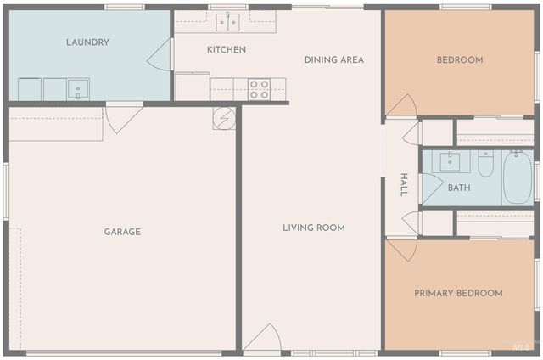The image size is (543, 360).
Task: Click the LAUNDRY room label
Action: [x=88, y=42]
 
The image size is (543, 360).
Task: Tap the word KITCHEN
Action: [x=227, y=49]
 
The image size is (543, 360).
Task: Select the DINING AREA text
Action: [x=334, y=59]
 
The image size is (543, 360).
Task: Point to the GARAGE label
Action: [x=122, y=232]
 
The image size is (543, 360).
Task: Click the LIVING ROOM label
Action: [x=314, y=228]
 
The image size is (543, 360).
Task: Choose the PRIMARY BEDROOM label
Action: [x=458, y=293]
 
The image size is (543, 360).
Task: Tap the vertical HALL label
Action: [x=404, y=185]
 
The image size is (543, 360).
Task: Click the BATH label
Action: [x=459, y=188]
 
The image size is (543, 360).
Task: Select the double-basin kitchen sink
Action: [x=227, y=21]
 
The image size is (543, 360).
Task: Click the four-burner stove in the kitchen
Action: [x=259, y=89]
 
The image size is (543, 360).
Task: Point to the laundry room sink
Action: [x=78, y=88]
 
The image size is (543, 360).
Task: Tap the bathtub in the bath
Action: [x=517, y=178]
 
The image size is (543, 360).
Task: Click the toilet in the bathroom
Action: [x=485, y=163]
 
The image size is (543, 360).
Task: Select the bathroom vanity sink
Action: [x=451, y=161]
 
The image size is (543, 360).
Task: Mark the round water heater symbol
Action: [x=224, y=118]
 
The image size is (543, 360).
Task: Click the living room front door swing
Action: [x=262, y=338]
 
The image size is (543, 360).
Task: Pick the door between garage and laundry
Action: [x=122, y=116]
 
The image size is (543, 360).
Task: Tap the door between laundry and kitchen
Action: [x=161, y=55]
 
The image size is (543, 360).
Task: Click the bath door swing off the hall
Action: [x=431, y=188]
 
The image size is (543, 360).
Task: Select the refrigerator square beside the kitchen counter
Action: [x=193, y=87]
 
